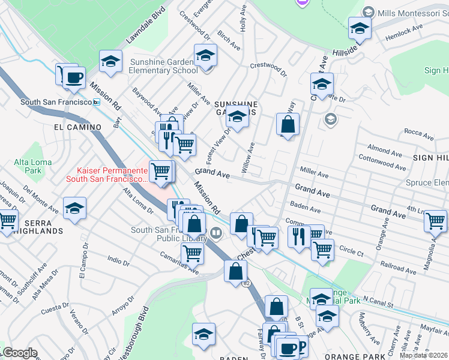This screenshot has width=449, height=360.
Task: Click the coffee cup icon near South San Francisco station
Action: [74, 77]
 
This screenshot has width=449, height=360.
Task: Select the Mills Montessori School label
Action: [406, 11]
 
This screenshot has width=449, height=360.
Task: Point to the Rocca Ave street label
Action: [418, 131]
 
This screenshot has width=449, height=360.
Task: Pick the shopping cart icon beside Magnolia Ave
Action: [435, 221]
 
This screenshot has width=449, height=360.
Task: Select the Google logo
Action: [19, 353]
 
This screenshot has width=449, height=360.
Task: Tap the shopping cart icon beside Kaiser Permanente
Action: [160, 172]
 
